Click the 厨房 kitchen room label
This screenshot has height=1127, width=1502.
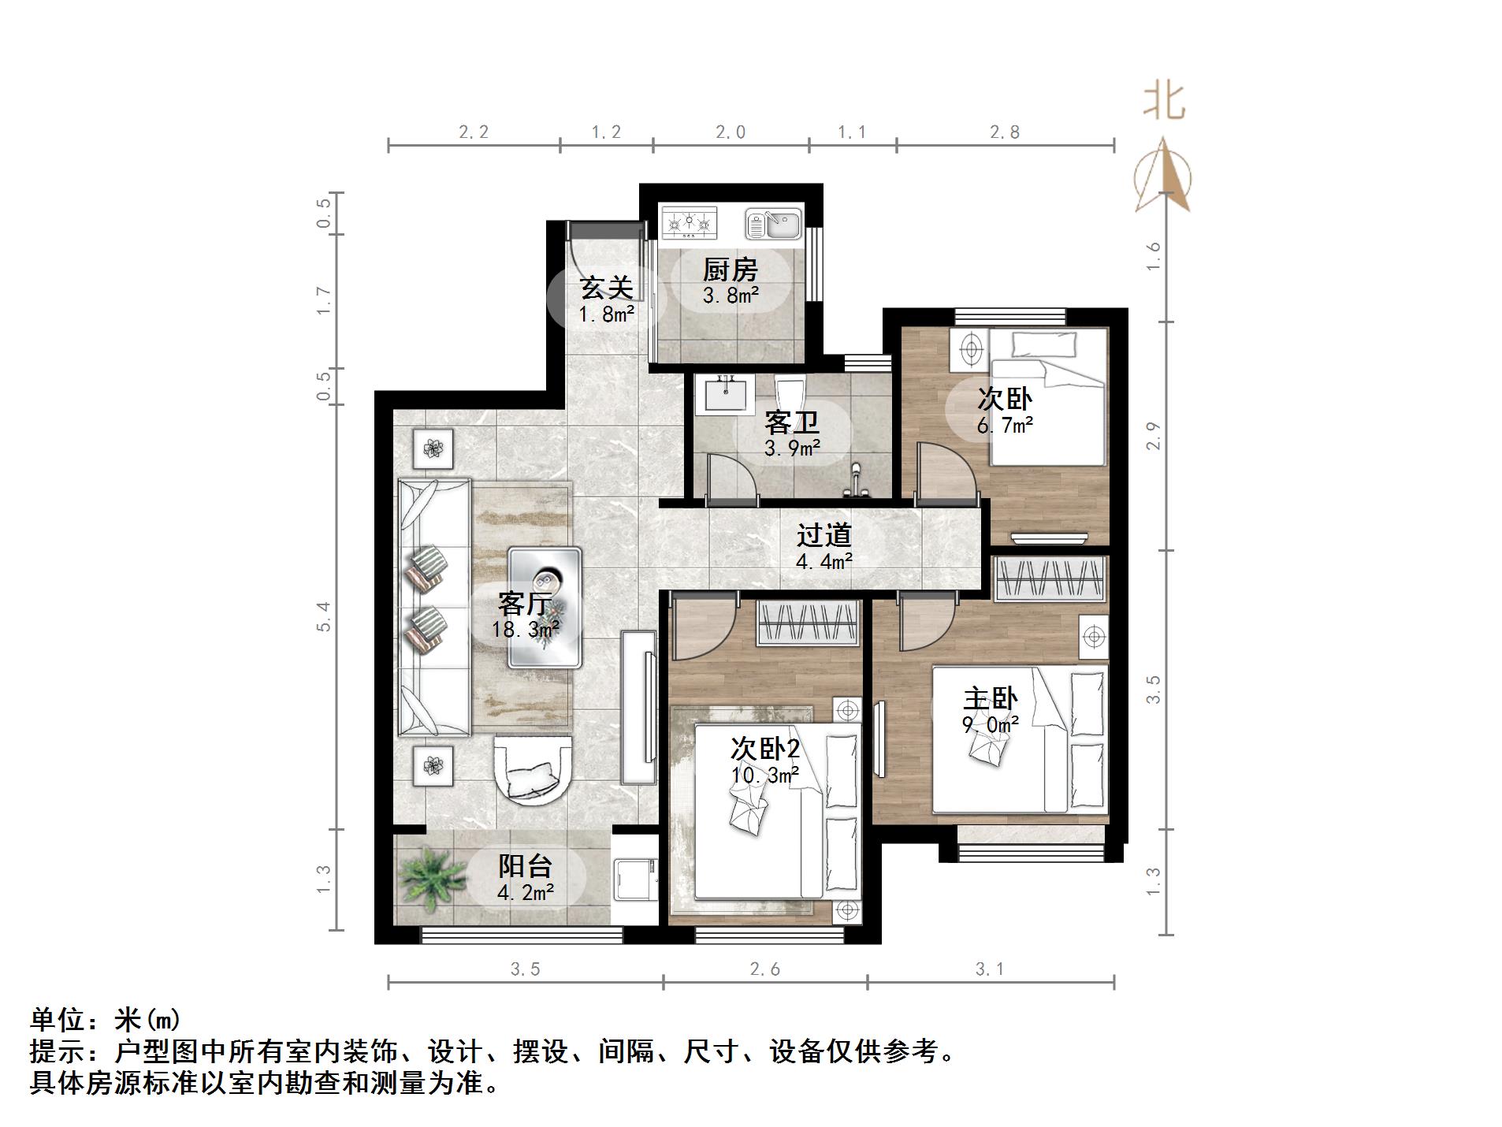(x=730, y=270)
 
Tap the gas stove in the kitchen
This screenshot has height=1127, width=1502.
(x=690, y=223)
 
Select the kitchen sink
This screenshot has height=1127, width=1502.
(x=773, y=225)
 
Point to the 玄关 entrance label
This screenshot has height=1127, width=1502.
(x=606, y=288)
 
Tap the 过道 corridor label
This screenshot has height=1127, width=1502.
(x=823, y=536)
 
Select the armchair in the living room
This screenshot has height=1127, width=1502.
(x=533, y=769)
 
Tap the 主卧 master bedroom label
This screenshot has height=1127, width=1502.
(x=990, y=699)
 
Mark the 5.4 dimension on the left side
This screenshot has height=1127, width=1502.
(x=324, y=616)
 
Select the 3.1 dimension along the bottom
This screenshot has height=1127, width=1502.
(x=990, y=969)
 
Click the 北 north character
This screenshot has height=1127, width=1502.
(x=1164, y=102)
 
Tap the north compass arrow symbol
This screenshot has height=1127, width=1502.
(x=1163, y=177)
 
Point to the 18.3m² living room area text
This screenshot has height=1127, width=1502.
(x=526, y=630)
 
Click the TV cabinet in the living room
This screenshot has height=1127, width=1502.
(x=638, y=707)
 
